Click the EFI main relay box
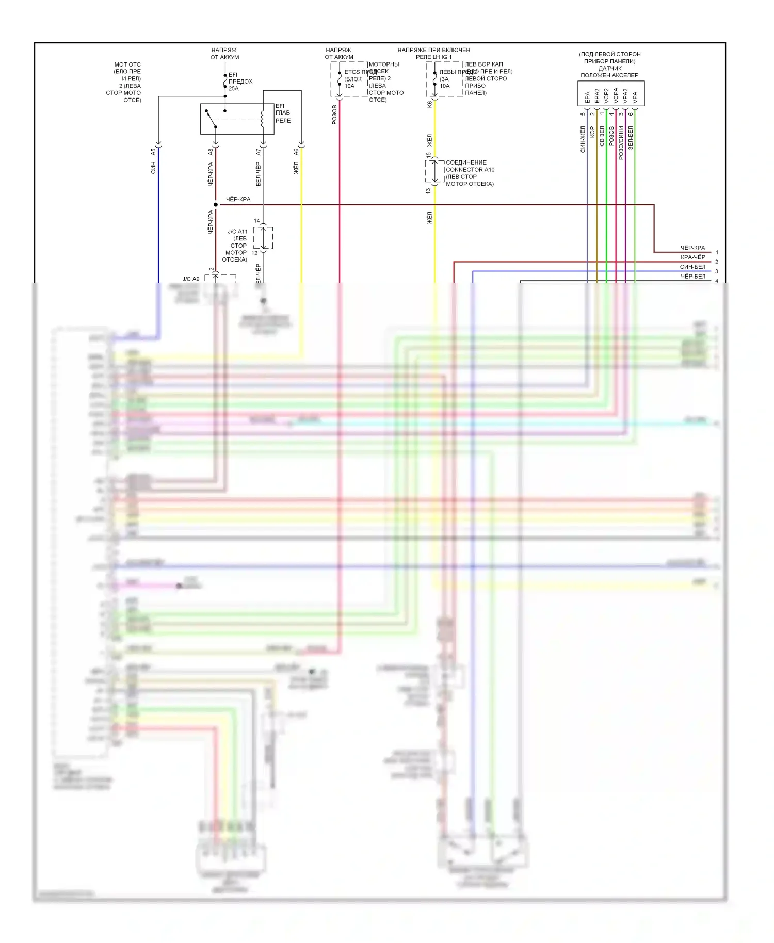click(x=237, y=119)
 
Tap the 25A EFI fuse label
click(x=234, y=89)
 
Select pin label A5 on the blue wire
click(x=153, y=152)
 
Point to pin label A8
click(x=211, y=152)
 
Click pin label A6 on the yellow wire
click(x=296, y=152)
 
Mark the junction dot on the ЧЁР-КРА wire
click(x=216, y=205)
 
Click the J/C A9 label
click(x=190, y=279)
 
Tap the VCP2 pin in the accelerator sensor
click(x=606, y=95)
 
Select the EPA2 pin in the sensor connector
click(x=597, y=95)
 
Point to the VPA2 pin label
click(x=625, y=95)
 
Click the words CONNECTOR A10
click(x=470, y=170)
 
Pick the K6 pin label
click(x=430, y=104)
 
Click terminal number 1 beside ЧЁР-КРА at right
click(x=717, y=253)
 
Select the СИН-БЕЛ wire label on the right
click(x=692, y=267)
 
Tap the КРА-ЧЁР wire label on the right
click(x=692, y=257)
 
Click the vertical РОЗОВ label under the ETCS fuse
click(x=334, y=115)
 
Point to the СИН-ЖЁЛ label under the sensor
click(x=583, y=139)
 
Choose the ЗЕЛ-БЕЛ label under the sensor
click(x=631, y=138)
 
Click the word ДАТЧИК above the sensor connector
click(x=610, y=68)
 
